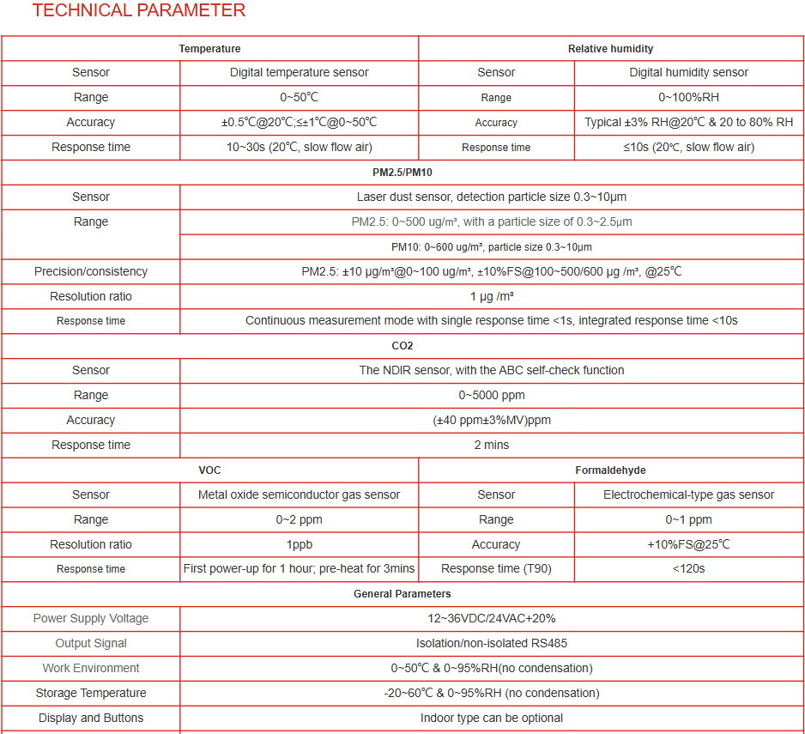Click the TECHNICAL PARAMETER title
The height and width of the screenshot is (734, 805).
(x=139, y=11)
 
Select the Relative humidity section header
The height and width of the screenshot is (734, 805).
(x=610, y=49)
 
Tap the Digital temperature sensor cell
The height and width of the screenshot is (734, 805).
(x=299, y=73)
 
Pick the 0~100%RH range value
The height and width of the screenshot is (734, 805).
(x=688, y=98)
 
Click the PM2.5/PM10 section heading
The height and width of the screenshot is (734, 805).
(x=402, y=173)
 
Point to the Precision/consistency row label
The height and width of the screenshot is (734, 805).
(x=91, y=272)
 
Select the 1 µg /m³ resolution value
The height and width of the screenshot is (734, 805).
(x=492, y=297)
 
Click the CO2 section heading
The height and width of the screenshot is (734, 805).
(x=402, y=346)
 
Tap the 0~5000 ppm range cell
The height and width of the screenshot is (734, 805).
(x=492, y=396)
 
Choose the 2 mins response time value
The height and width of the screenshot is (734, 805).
(x=492, y=446)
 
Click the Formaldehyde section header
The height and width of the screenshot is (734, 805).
(x=610, y=470)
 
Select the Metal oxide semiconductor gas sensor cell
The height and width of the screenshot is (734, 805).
(x=299, y=495)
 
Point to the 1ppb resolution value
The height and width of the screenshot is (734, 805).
(x=299, y=545)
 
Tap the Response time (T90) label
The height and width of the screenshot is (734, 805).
(x=496, y=569)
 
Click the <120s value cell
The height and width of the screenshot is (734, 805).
(x=688, y=569)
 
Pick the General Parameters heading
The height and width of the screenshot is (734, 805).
(x=402, y=594)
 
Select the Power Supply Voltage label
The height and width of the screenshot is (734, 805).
(x=91, y=619)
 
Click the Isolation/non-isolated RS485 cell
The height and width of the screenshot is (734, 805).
(x=492, y=644)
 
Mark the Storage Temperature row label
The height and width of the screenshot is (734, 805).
(x=91, y=694)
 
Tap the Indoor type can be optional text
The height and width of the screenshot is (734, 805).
(x=492, y=719)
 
